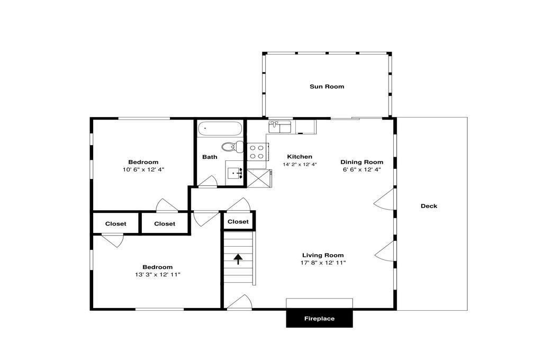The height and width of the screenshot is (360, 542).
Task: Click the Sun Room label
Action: pos(327,86)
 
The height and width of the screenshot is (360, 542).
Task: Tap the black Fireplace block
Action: pos(319,319)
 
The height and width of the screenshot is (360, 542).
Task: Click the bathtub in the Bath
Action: pos(220,128)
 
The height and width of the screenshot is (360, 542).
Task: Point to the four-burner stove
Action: pos(257,152)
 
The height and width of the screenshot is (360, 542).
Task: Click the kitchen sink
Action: pos(280,127)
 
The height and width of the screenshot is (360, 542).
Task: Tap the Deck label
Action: pos(429,206)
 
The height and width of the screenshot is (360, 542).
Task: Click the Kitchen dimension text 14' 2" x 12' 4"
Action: pos(300,165)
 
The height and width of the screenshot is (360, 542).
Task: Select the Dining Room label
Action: pos(362,162)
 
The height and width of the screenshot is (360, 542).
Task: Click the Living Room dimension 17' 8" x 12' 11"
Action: pos(323,263)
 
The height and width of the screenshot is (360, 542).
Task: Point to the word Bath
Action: pos(210,157)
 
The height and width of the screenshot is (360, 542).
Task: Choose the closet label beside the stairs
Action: pos(238,222)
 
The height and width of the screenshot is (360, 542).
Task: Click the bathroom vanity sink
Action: pos(235,173)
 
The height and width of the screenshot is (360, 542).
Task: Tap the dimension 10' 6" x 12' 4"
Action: pos(143,169)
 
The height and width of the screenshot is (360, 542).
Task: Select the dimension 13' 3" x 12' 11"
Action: pos(158,275)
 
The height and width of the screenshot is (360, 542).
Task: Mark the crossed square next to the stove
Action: pos(257,178)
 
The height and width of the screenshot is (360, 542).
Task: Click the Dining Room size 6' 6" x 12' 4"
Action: pos(362,169)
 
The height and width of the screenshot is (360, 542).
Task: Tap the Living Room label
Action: pos(323,255)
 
